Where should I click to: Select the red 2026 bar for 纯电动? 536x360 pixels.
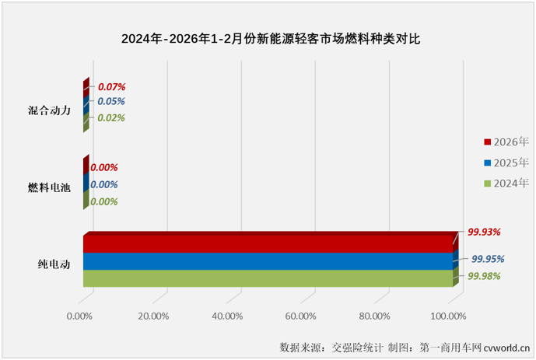tap(268, 243)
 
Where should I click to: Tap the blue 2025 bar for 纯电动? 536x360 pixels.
tap(268, 261)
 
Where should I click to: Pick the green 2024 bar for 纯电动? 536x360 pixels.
tap(268, 278)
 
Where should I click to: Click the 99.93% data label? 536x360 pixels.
tap(484, 232)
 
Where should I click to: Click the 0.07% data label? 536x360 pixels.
tap(112, 86)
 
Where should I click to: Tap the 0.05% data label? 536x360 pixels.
tap(111, 101)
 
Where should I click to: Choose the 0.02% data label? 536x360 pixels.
tap(111, 117)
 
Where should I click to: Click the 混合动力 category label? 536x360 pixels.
tap(49, 110)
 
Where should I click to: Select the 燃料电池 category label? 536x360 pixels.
tap(49, 187)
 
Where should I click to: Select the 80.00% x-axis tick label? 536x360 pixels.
tap(374, 316)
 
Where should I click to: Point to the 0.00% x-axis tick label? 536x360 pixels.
tap(80, 316)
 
